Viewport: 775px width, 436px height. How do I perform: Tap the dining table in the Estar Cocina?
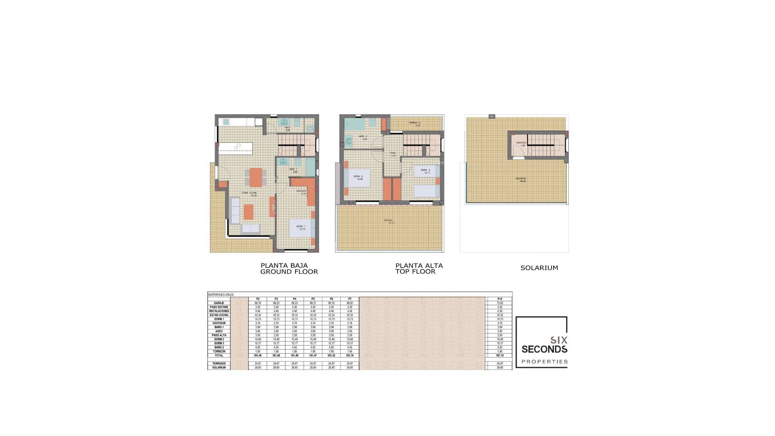pos(256,177)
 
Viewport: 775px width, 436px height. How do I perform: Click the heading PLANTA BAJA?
pos(284,265)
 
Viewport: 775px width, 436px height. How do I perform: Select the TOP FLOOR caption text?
pos(415,272)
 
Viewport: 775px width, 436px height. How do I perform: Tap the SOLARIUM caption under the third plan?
pos(539,268)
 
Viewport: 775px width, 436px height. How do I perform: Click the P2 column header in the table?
pos(258,299)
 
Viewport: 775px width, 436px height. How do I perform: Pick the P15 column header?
pos(500,299)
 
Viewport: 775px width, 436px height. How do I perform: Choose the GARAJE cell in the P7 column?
pos(350,303)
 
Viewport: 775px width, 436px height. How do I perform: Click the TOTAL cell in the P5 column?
pos(313,356)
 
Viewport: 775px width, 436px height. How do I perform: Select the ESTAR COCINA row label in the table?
pos(219,315)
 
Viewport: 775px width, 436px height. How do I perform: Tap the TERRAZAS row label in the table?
pos(219,364)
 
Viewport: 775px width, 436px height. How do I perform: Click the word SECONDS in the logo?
pos(544,349)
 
